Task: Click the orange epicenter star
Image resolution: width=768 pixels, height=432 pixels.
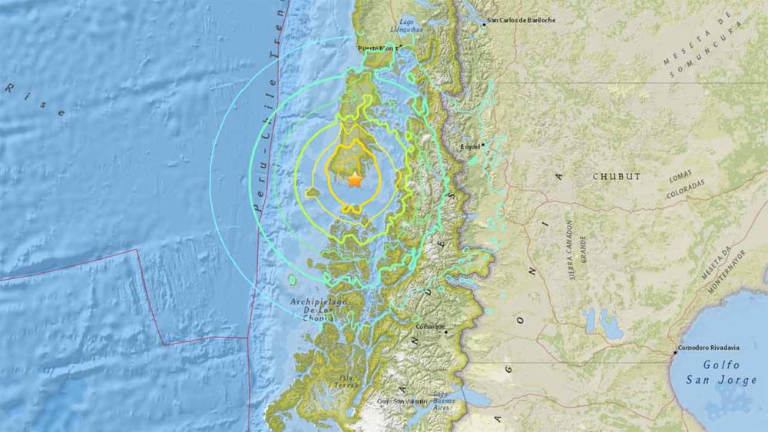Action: (354, 180)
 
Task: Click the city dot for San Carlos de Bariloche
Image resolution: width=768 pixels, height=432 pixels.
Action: (484, 25)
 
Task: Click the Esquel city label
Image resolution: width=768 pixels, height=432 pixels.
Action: (469, 146)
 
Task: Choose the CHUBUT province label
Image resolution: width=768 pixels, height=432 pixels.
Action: (616, 176)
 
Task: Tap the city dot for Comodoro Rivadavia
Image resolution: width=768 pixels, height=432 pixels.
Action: (675, 352)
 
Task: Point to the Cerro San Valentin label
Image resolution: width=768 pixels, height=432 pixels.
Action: (402, 401)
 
